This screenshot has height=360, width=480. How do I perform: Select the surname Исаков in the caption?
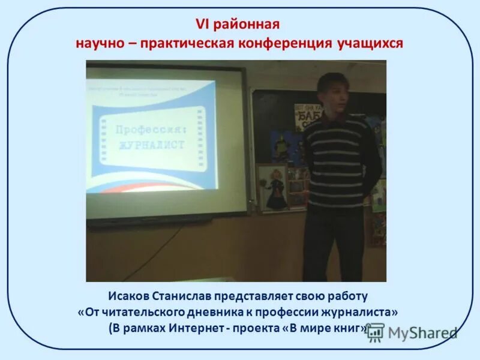click(129, 296)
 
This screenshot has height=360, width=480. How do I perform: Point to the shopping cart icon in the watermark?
click(376, 332)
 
